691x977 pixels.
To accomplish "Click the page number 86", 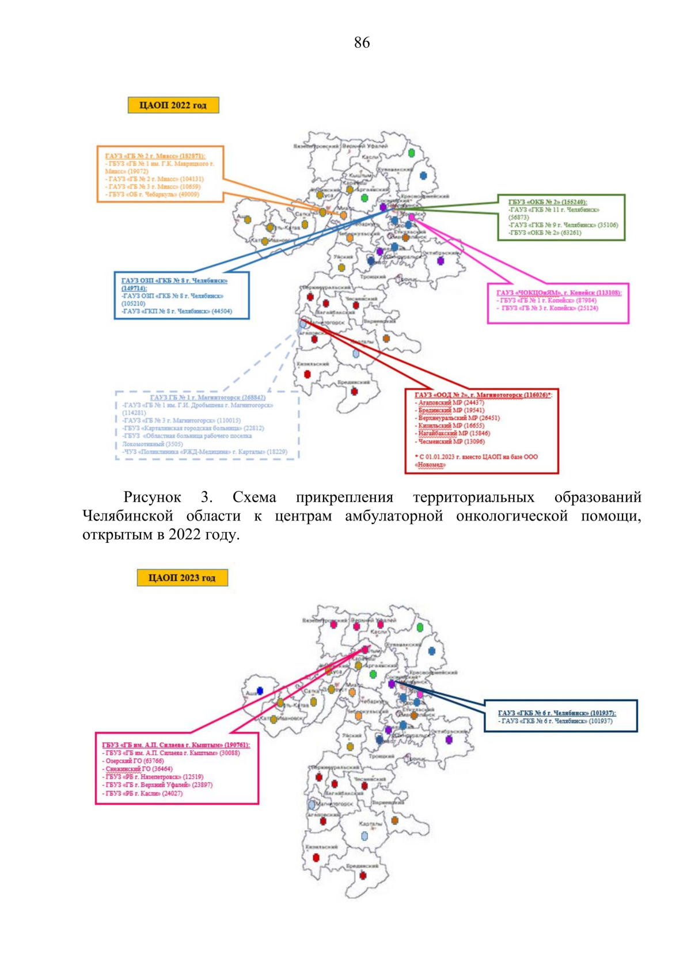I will click(x=362, y=43).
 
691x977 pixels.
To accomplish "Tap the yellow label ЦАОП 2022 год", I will click(x=173, y=105).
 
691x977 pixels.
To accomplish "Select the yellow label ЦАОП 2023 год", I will click(x=182, y=577).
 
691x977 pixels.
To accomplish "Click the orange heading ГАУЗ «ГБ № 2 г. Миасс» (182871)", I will click(x=155, y=156).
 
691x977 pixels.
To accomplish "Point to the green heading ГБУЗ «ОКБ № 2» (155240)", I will click(x=547, y=202).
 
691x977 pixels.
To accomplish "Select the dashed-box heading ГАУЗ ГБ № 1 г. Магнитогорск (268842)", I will click(x=207, y=397).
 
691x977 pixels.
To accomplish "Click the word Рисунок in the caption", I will click(x=152, y=497).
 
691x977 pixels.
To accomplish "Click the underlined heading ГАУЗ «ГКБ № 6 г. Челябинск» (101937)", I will click(x=556, y=713).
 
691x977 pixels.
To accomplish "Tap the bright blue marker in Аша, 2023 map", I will click(x=260, y=690).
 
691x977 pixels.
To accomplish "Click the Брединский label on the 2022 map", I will click(x=354, y=382).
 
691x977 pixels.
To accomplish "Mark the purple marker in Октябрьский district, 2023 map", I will click(x=449, y=739).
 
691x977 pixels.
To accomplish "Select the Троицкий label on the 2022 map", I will click(x=373, y=277).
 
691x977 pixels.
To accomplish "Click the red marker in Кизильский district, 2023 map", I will click(x=316, y=857).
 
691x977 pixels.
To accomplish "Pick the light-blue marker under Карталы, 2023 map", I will click(x=364, y=835).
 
